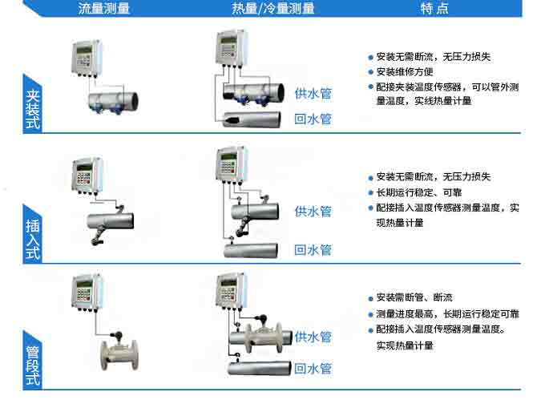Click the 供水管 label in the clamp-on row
pyautogui.click(x=313, y=93)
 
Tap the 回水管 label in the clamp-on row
pyautogui.click(x=313, y=119)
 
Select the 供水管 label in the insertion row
pyautogui.click(x=313, y=212)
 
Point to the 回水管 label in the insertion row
pyautogui.click(x=313, y=250)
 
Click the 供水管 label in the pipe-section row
pyautogui.click(x=313, y=337)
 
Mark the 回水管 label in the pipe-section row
pyautogui.click(x=313, y=369)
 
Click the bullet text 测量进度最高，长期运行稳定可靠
pyautogui.click(x=447, y=313)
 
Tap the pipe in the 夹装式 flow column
pyautogui.click(x=112, y=100)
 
